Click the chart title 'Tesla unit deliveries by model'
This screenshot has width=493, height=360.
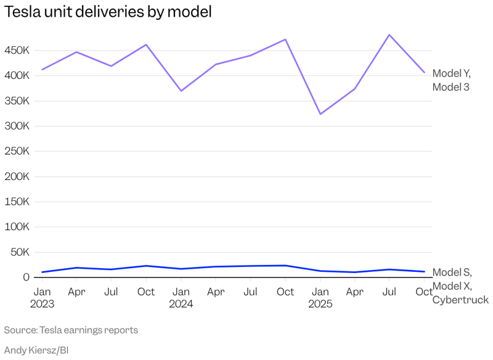pos(108,12)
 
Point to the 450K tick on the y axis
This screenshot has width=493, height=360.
pos(17,51)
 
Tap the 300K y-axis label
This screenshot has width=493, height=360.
pos(17,126)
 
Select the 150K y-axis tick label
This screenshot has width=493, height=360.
pos(17,202)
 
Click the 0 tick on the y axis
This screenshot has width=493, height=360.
pos(26,277)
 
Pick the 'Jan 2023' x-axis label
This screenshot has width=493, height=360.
pos(42,298)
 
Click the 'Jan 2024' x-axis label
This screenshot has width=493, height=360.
pos(181,298)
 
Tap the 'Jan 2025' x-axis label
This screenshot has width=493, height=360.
pos(320,298)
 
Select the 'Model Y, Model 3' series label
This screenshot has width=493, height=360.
pos(451,80)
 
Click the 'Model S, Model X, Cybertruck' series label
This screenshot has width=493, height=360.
pos(460,286)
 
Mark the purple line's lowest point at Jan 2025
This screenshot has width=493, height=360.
pos(320,114)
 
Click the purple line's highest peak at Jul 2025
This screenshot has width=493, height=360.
pos(389,35)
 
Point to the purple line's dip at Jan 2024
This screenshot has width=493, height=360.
pos(181,91)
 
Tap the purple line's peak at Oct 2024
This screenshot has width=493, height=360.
pos(285,39)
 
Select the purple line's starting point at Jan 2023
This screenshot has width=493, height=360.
pos(42,70)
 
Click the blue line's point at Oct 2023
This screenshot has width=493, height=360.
pos(146,266)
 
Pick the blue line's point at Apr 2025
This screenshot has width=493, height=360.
pos(355,272)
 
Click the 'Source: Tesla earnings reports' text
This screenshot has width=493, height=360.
pos(71,330)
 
